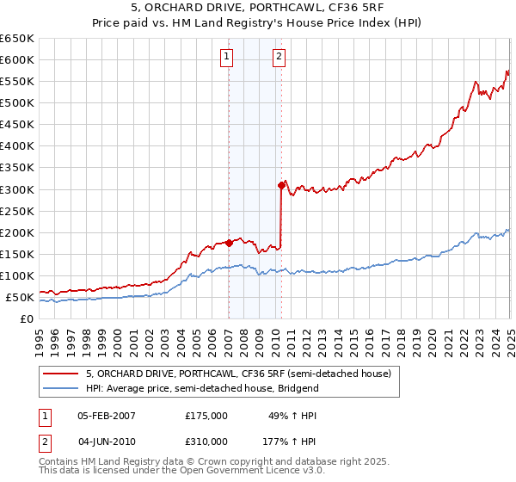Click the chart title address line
pyautogui.click(x=258, y=9)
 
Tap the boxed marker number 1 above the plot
pyautogui.click(x=226, y=58)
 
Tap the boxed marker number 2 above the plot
pyautogui.click(x=280, y=58)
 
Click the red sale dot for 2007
pyautogui.click(x=229, y=243)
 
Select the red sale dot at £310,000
pyautogui.click(x=281, y=184)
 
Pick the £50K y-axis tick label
pyautogui.click(x=20, y=298)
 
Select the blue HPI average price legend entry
pyautogui.click(x=202, y=388)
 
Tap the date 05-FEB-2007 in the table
pyautogui.click(x=107, y=415)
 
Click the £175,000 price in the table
pyautogui.click(x=206, y=415)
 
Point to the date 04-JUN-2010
pyautogui.click(x=107, y=441)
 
